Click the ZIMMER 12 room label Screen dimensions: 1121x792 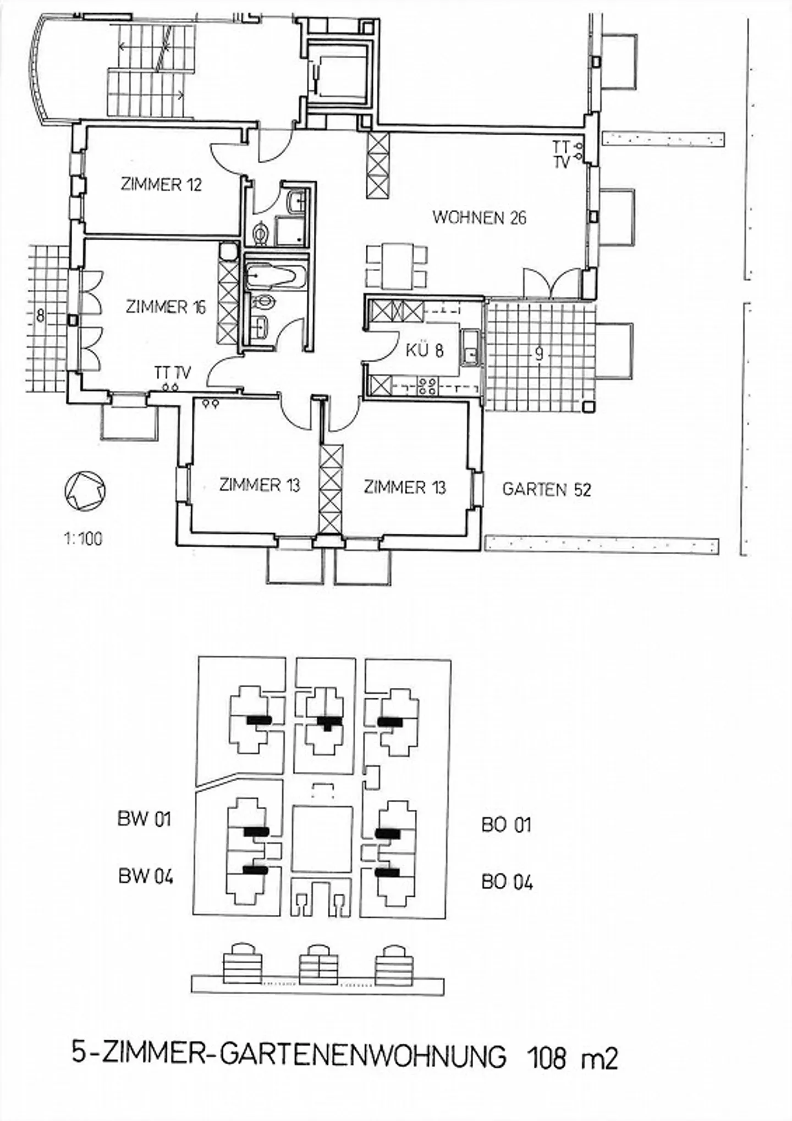click(161, 184)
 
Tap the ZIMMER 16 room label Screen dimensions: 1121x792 click(166, 307)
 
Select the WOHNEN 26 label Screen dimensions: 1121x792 click(479, 218)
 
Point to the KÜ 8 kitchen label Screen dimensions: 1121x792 click(425, 350)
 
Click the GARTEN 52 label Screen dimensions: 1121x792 click(546, 489)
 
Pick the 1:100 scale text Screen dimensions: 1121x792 click(84, 538)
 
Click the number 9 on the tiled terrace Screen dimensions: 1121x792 click(539, 355)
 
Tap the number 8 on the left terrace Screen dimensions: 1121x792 click(40, 317)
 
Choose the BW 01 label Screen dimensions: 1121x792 click(144, 819)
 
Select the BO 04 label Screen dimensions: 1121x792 click(507, 882)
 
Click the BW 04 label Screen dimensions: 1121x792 click(145, 876)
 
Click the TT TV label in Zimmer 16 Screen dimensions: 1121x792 click(172, 373)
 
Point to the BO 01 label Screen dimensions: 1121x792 click(506, 825)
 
